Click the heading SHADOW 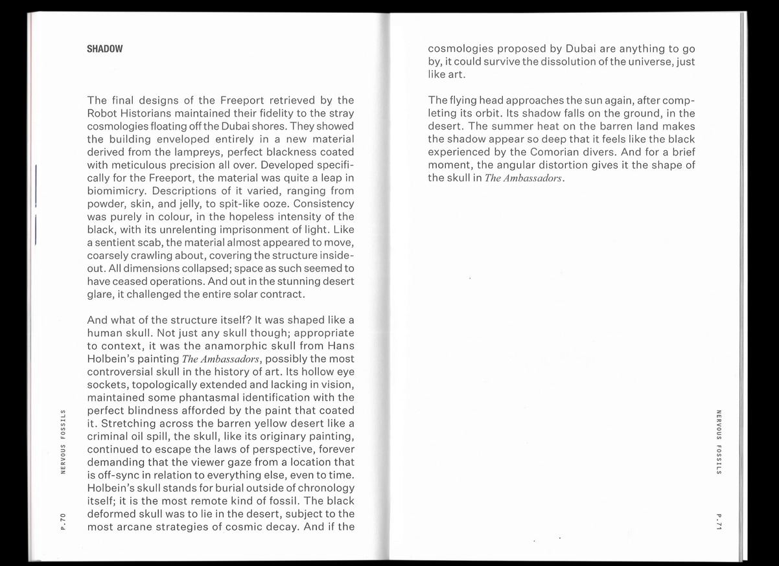tap(105, 49)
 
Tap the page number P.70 tap(63, 521)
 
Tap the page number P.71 tap(719, 521)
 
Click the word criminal tap(113, 436)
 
